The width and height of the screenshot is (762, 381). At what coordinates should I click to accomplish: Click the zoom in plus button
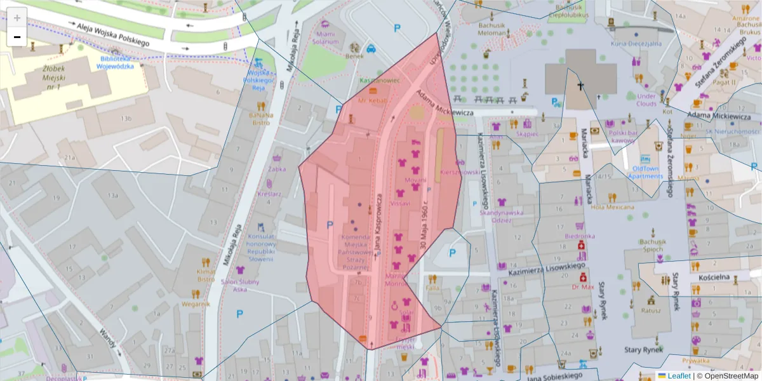(x=17, y=18)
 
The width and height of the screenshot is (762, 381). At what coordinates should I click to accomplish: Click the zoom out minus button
(x=17, y=37)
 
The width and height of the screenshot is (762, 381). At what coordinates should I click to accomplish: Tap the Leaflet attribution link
(x=679, y=376)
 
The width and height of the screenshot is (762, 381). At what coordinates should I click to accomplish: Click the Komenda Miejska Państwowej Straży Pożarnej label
(x=356, y=253)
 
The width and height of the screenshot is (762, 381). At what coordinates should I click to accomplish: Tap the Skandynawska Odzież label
(x=502, y=217)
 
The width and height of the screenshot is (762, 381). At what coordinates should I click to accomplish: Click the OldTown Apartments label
(x=646, y=172)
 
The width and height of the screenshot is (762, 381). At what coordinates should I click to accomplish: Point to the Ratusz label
(x=651, y=311)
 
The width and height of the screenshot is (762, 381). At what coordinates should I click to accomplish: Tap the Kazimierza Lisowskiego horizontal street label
(x=547, y=268)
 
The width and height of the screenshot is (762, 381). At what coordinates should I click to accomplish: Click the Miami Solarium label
(x=326, y=37)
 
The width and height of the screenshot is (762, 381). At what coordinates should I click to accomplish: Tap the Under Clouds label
(x=646, y=100)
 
